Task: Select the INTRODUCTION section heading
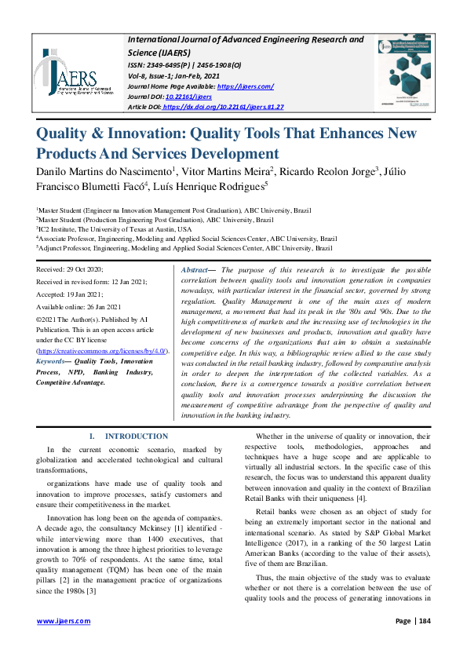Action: pyautogui.click(x=136, y=436)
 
